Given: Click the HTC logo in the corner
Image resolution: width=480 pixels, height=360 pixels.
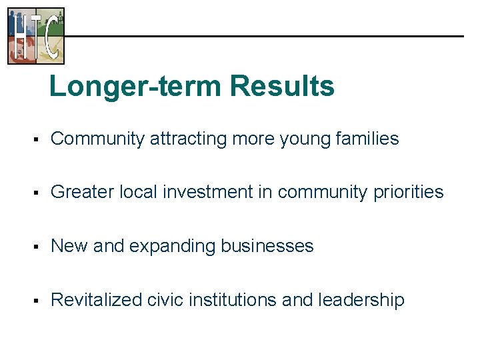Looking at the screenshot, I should (x=36, y=35).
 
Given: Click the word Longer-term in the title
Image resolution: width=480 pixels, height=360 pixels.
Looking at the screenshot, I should (x=135, y=87).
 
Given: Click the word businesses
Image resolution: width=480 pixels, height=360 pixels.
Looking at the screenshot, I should (x=267, y=246).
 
